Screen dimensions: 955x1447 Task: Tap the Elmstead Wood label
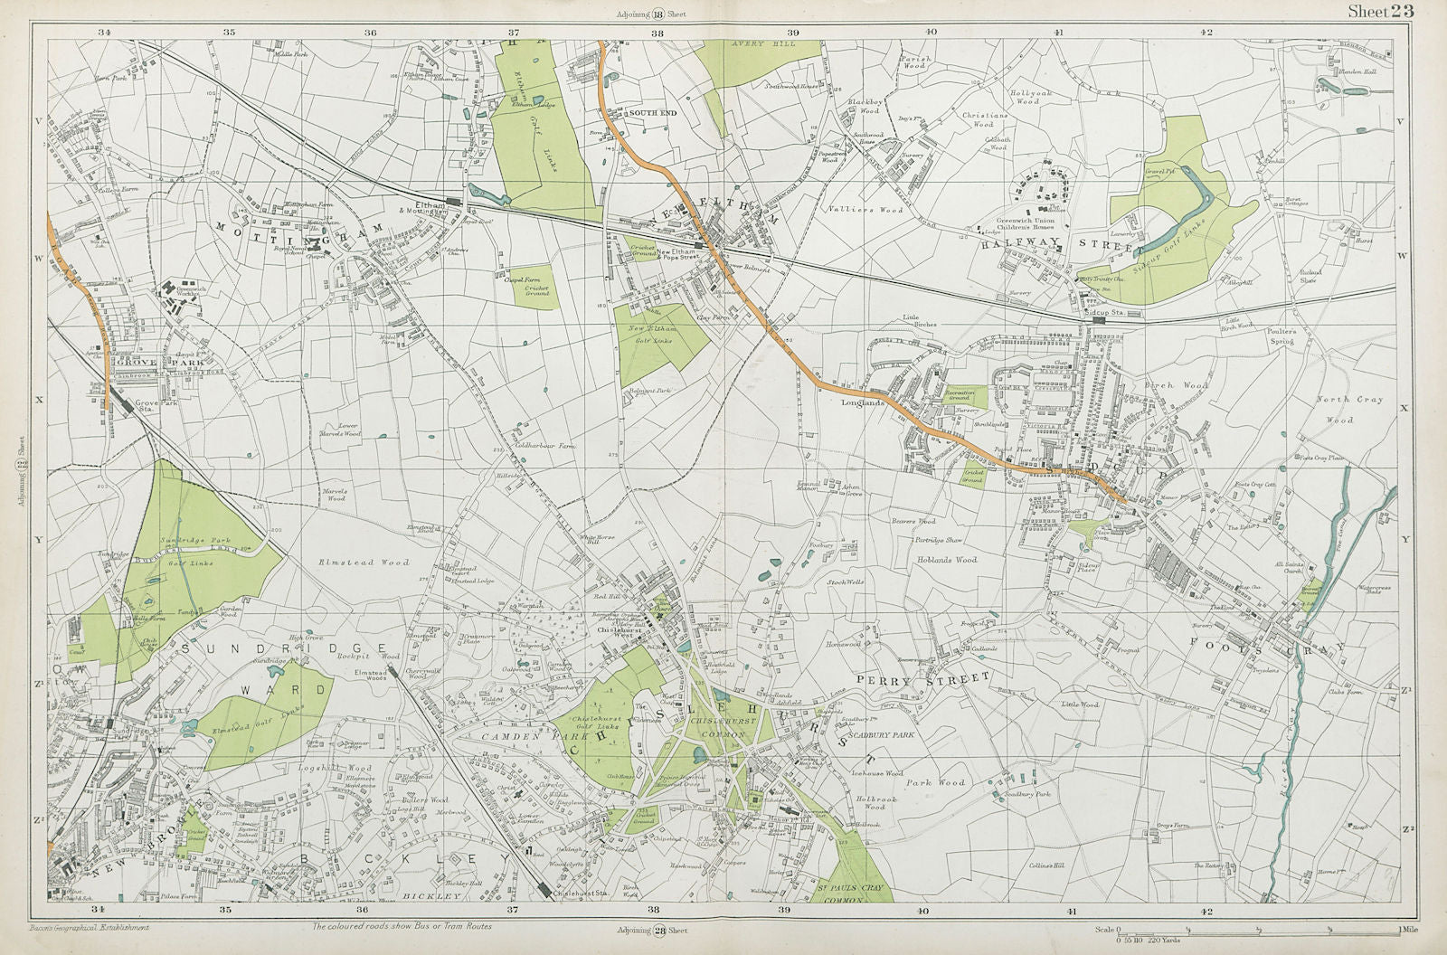[x=351, y=563]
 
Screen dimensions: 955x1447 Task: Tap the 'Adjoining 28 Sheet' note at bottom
[x=652, y=930]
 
